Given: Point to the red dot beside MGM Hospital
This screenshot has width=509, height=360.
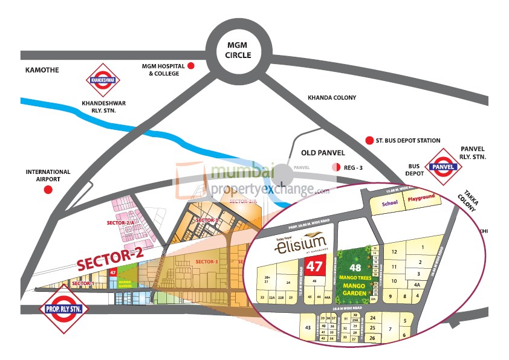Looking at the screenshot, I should tap(191, 66).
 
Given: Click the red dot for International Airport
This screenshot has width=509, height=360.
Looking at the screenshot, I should tap(48, 190).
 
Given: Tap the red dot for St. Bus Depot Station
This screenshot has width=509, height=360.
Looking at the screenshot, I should tap(369, 141).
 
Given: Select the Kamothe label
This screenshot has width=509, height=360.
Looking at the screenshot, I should tap(42, 70).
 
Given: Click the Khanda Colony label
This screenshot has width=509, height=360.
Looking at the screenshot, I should tap(332, 98).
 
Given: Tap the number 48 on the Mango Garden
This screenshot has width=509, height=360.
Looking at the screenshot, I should tap(355, 266).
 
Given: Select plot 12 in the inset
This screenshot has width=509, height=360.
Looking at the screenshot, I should tap(394, 251).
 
